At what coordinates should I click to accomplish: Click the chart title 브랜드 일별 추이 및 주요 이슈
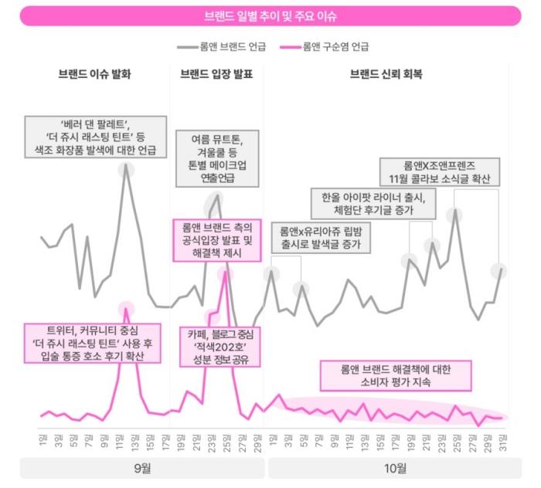270,15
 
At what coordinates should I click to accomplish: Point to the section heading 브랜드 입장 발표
216,75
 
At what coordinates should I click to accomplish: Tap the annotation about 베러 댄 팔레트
96,136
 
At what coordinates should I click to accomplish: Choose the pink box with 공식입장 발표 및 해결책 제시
217,239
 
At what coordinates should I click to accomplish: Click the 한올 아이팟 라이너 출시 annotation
373,202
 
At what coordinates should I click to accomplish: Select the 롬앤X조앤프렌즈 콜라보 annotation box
440,172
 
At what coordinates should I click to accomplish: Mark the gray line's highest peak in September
126,168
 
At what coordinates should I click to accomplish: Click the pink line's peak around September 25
225,274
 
